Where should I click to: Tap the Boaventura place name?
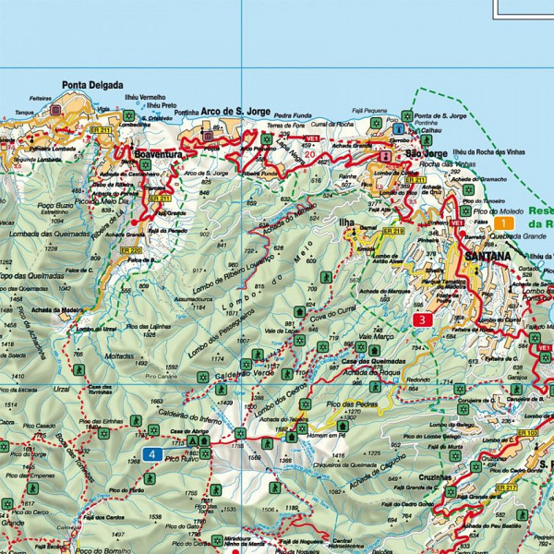click(157, 156)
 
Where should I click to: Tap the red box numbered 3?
click(422, 320)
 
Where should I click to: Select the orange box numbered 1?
click(503, 223)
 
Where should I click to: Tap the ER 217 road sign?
click(506, 486)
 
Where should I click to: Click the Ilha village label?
click(346, 223)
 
